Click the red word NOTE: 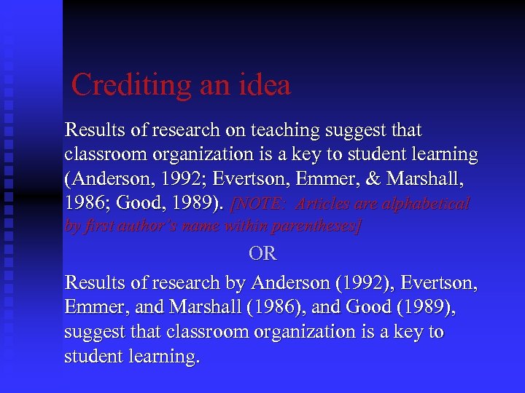pos(262,204)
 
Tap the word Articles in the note pos(324,204)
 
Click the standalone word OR pos(262,254)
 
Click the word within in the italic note pos(247,226)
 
